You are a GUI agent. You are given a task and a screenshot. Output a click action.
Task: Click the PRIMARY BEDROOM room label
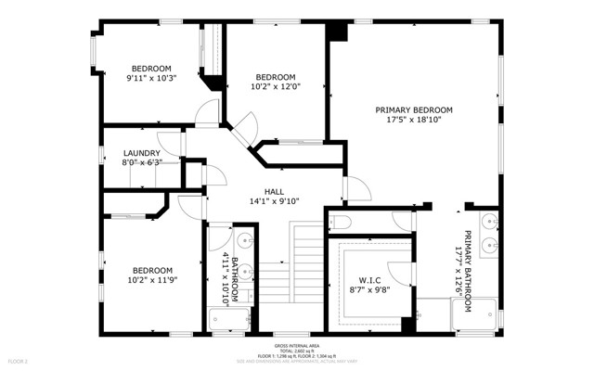pyautogui.click(x=413, y=109)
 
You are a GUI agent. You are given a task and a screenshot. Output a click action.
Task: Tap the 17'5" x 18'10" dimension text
pyautogui.click(x=413, y=120)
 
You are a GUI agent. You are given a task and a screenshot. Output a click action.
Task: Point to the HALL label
pyautogui.click(x=274, y=191)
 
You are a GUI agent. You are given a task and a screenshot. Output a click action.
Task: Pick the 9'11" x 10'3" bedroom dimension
pyautogui.click(x=150, y=79)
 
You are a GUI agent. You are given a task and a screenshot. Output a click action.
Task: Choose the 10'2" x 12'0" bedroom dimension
pyautogui.click(x=276, y=87)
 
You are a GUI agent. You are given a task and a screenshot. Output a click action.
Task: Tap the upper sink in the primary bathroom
pyautogui.click(x=490, y=224)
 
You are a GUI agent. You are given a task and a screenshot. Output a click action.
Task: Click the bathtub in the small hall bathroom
pyautogui.click(x=230, y=320)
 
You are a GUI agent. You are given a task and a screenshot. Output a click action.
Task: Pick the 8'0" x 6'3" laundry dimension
pyautogui.click(x=142, y=163)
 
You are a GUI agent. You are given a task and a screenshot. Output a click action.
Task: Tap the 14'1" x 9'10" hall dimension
pyautogui.click(x=274, y=201)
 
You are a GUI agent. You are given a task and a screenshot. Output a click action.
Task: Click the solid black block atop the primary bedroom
pyautogui.click(x=336, y=31)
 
